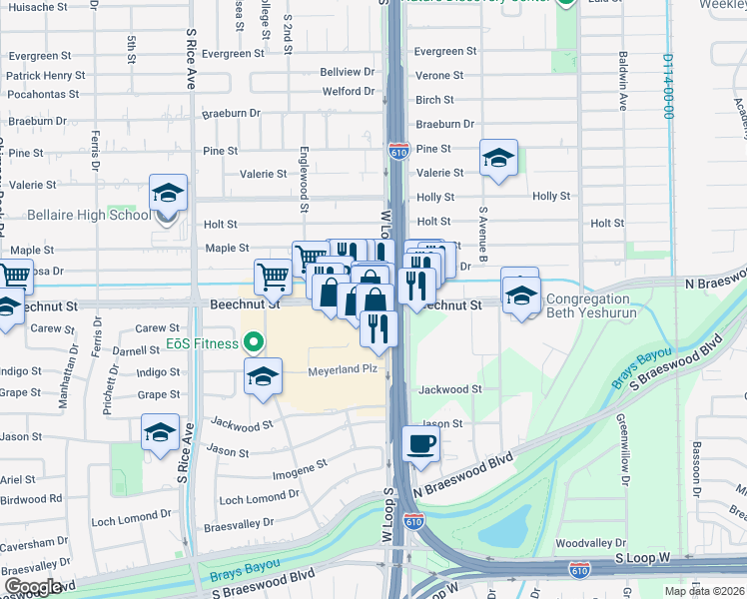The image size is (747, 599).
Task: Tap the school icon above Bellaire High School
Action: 169,192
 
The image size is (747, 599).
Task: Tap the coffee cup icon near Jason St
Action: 419,443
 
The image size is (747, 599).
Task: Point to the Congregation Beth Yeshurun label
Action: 588,305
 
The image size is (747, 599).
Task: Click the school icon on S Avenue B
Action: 498,158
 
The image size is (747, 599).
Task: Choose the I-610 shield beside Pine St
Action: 398,151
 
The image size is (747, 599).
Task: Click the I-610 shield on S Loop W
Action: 579,570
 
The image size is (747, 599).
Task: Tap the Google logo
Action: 33,587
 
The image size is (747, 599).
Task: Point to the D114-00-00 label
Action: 667,86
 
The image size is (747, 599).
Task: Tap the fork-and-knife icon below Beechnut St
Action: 377,328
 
